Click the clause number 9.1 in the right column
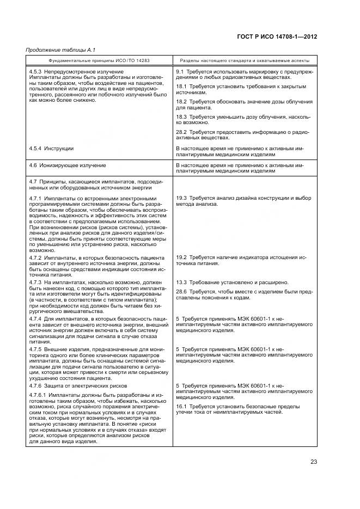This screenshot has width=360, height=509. [x=180, y=71]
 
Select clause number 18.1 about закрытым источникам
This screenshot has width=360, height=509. [x=181, y=86]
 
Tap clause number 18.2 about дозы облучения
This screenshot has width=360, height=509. [x=181, y=101]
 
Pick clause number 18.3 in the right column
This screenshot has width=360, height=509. [x=181, y=116]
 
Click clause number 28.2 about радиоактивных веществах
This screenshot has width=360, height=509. [x=181, y=132]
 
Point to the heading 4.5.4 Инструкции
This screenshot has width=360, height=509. [x=51, y=148]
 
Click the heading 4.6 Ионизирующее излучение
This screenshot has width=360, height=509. [x=68, y=164]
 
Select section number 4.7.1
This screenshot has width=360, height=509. [x=37, y=198]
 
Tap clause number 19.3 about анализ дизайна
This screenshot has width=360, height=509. [x=181, y=198]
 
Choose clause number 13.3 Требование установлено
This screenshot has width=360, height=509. [x=181, y=282]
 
